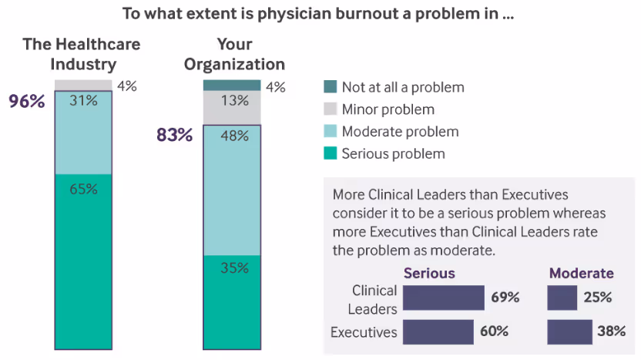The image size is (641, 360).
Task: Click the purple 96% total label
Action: (27, 100)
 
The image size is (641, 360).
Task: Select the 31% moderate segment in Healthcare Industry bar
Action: (83, 133)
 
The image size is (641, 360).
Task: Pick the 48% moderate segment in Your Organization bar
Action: (232, 190)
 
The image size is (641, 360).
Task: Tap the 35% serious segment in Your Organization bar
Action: (232, 301)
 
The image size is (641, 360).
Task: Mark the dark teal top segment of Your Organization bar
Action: (232, 86)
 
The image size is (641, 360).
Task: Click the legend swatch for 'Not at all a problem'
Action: (330, 87)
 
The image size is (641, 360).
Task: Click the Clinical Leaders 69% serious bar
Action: (443, 298)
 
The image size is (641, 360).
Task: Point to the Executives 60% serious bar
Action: (438, 332)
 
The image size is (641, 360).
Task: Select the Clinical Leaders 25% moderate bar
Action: (562, 298)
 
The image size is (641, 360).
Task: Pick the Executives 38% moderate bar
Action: (569, 332)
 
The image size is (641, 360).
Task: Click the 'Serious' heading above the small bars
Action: (429, 274)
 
